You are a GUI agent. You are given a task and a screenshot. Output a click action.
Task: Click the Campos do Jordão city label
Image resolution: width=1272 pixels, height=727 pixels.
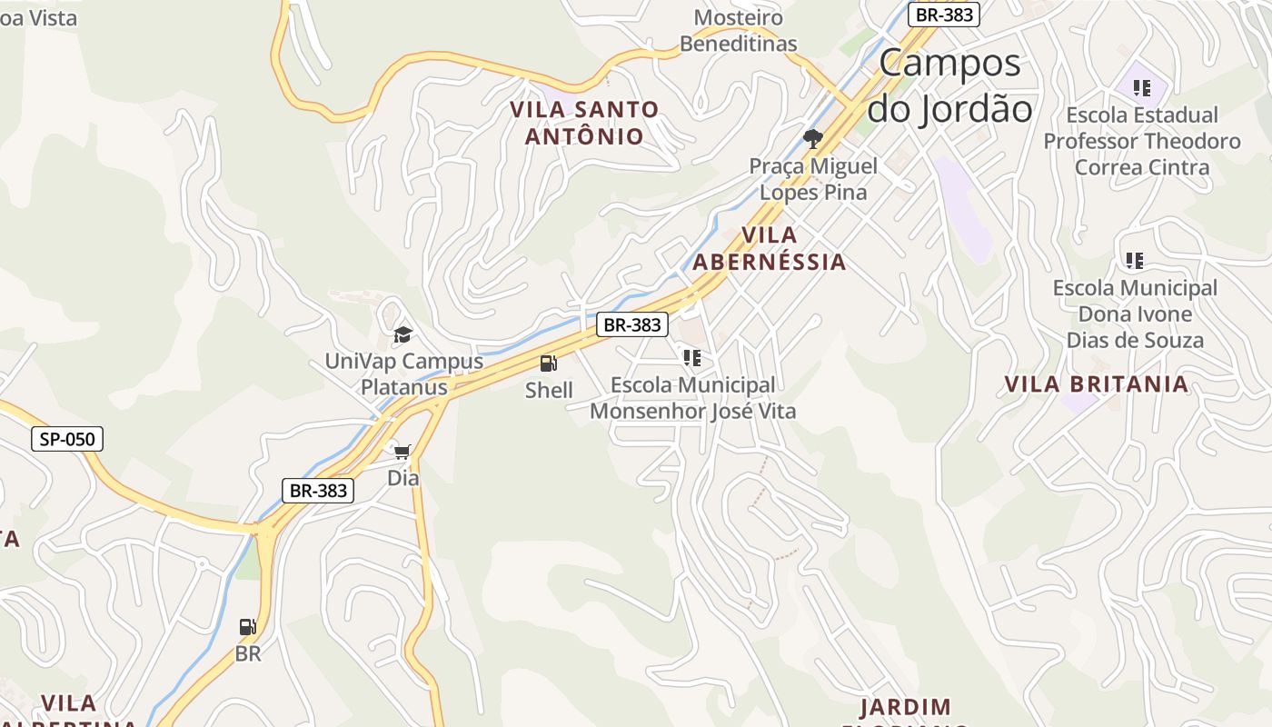(x=949, y=86)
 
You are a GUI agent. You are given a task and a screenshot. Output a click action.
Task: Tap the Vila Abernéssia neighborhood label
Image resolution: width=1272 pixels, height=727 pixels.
(x=769, y=249)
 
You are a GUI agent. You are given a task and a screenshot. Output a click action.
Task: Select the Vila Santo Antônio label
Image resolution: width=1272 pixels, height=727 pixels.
(x=583, y=123)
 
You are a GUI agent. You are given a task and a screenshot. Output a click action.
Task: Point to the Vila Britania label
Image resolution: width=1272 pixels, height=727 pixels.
(x=1096, y=384)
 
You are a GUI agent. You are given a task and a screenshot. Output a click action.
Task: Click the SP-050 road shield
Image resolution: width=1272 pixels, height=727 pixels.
(x=67, y=440)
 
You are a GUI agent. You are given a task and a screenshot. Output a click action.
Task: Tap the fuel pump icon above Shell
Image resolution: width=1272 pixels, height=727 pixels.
(x=549, y=363)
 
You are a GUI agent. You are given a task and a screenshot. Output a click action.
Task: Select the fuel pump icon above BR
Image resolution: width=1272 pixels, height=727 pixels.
(x=247, y=627)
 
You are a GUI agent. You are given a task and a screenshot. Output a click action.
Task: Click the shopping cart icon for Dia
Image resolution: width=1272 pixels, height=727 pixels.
(x=402, y=451)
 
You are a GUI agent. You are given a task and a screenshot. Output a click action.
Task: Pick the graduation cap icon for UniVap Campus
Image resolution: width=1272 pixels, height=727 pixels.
(x=402, y=335)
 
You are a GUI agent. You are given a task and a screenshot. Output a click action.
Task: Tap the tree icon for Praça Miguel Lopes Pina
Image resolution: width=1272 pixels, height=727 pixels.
(x=812, y=139)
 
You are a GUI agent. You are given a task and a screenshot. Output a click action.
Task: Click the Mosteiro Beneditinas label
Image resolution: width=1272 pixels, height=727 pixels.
(x=738, y=30)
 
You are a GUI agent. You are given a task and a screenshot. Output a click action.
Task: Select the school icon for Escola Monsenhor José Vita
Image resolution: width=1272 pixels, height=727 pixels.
(x=692, y=358)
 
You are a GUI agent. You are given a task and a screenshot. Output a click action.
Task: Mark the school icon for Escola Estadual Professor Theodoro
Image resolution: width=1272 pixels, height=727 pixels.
(x=1142, y=88)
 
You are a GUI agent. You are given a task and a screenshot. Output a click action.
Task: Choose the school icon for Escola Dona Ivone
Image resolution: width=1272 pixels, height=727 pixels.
(x=1134, y=261)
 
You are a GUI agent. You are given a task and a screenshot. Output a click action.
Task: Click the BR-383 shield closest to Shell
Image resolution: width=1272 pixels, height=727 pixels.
(x=632, y=324)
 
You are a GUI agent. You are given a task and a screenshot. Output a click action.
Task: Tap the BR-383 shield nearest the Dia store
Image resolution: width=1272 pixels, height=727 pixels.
(x=317, y=491)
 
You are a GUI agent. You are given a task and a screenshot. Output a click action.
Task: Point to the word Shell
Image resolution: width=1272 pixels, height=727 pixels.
(x=549, y=391)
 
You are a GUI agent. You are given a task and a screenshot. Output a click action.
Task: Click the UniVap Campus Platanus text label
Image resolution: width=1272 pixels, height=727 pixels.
(x=404, y=374)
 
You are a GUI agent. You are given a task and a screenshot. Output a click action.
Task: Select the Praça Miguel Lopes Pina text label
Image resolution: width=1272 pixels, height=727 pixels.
(x=813, y=179)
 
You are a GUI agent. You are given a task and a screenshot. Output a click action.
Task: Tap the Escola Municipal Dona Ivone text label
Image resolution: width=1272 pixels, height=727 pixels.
(x=1135, y=314)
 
